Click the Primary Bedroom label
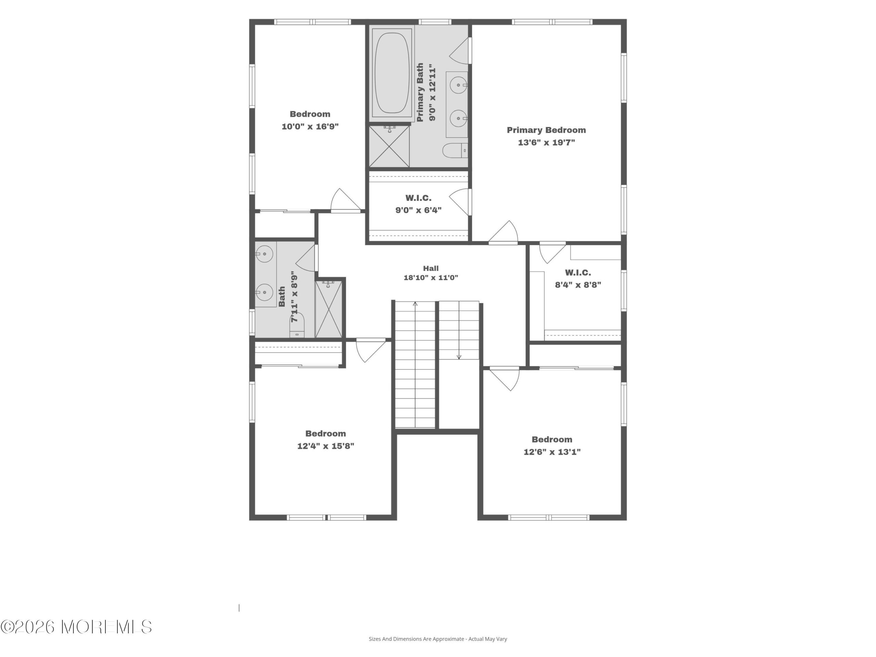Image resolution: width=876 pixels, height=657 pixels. [546, 130]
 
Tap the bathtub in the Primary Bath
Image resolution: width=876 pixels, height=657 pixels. [391, 73]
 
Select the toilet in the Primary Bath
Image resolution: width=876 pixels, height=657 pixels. [455, 150]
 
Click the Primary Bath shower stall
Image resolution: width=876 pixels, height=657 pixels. [389, 146]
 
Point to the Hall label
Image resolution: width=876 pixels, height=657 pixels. [430, 268]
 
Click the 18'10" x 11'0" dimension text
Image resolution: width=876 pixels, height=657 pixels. [431, 278]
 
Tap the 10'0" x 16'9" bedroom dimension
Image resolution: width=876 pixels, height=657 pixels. [310, 127]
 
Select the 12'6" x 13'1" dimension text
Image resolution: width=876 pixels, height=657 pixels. [552, 452]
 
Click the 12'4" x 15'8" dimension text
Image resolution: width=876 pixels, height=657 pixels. [325, 446]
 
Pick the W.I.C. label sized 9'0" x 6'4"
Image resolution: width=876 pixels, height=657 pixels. [418, 198]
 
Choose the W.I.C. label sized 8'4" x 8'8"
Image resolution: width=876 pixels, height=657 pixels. [578, 272]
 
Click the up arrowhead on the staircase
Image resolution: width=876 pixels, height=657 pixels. [415, 304]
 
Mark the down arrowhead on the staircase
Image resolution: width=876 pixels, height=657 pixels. [459, 357]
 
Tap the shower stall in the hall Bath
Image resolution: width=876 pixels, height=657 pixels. [328, 309]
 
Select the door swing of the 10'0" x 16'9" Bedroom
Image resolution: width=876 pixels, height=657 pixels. [345, 200]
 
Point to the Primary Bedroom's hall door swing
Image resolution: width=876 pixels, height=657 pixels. [504, 232]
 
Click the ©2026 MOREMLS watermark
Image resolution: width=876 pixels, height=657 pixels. [76, 627]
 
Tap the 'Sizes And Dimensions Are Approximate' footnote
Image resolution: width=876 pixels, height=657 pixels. [438, 639]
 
